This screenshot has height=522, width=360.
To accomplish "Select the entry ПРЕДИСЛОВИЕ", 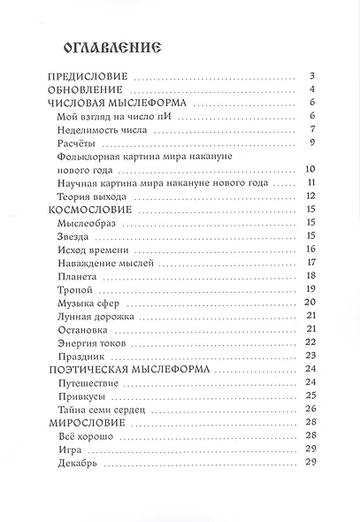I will pyautogui.click(x=88, y=77).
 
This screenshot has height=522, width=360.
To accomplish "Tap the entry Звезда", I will pyautogui.click(x=73, y=235).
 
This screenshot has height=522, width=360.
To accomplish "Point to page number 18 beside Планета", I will pyautogui.click(x=310, y=277).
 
